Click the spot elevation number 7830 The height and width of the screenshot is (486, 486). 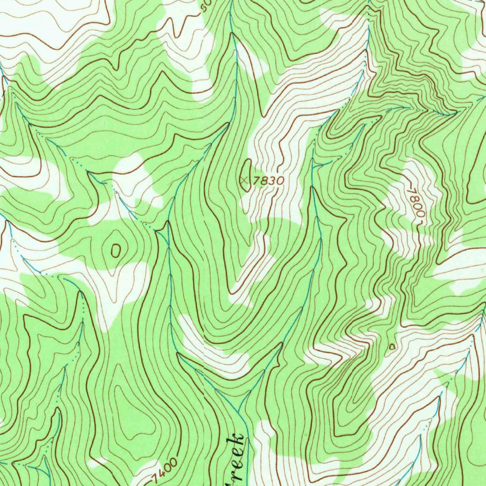pyautogui.click(x=268, y=180)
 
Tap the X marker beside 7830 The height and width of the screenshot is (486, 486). pyautogui.click(x=244, y=180)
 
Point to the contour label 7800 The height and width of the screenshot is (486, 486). pyautogui.click(x=415, y=201)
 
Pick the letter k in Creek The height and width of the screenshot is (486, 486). pyautogui.click(x=238, y=439)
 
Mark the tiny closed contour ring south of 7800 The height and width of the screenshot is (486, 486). pyautogui.click(x=392, y=347)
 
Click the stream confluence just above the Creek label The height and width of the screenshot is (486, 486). pyautogui.click(x=239, y=412)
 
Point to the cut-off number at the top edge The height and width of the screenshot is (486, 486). pyautogui.click(x=205, y=6)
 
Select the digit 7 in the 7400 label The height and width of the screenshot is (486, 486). pyautogui.click(x=156, y=476)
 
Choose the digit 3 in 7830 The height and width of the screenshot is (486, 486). pyautogui.click(x=272, y=180)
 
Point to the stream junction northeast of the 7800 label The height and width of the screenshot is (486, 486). pyautogui.click(x=449, y=114)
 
